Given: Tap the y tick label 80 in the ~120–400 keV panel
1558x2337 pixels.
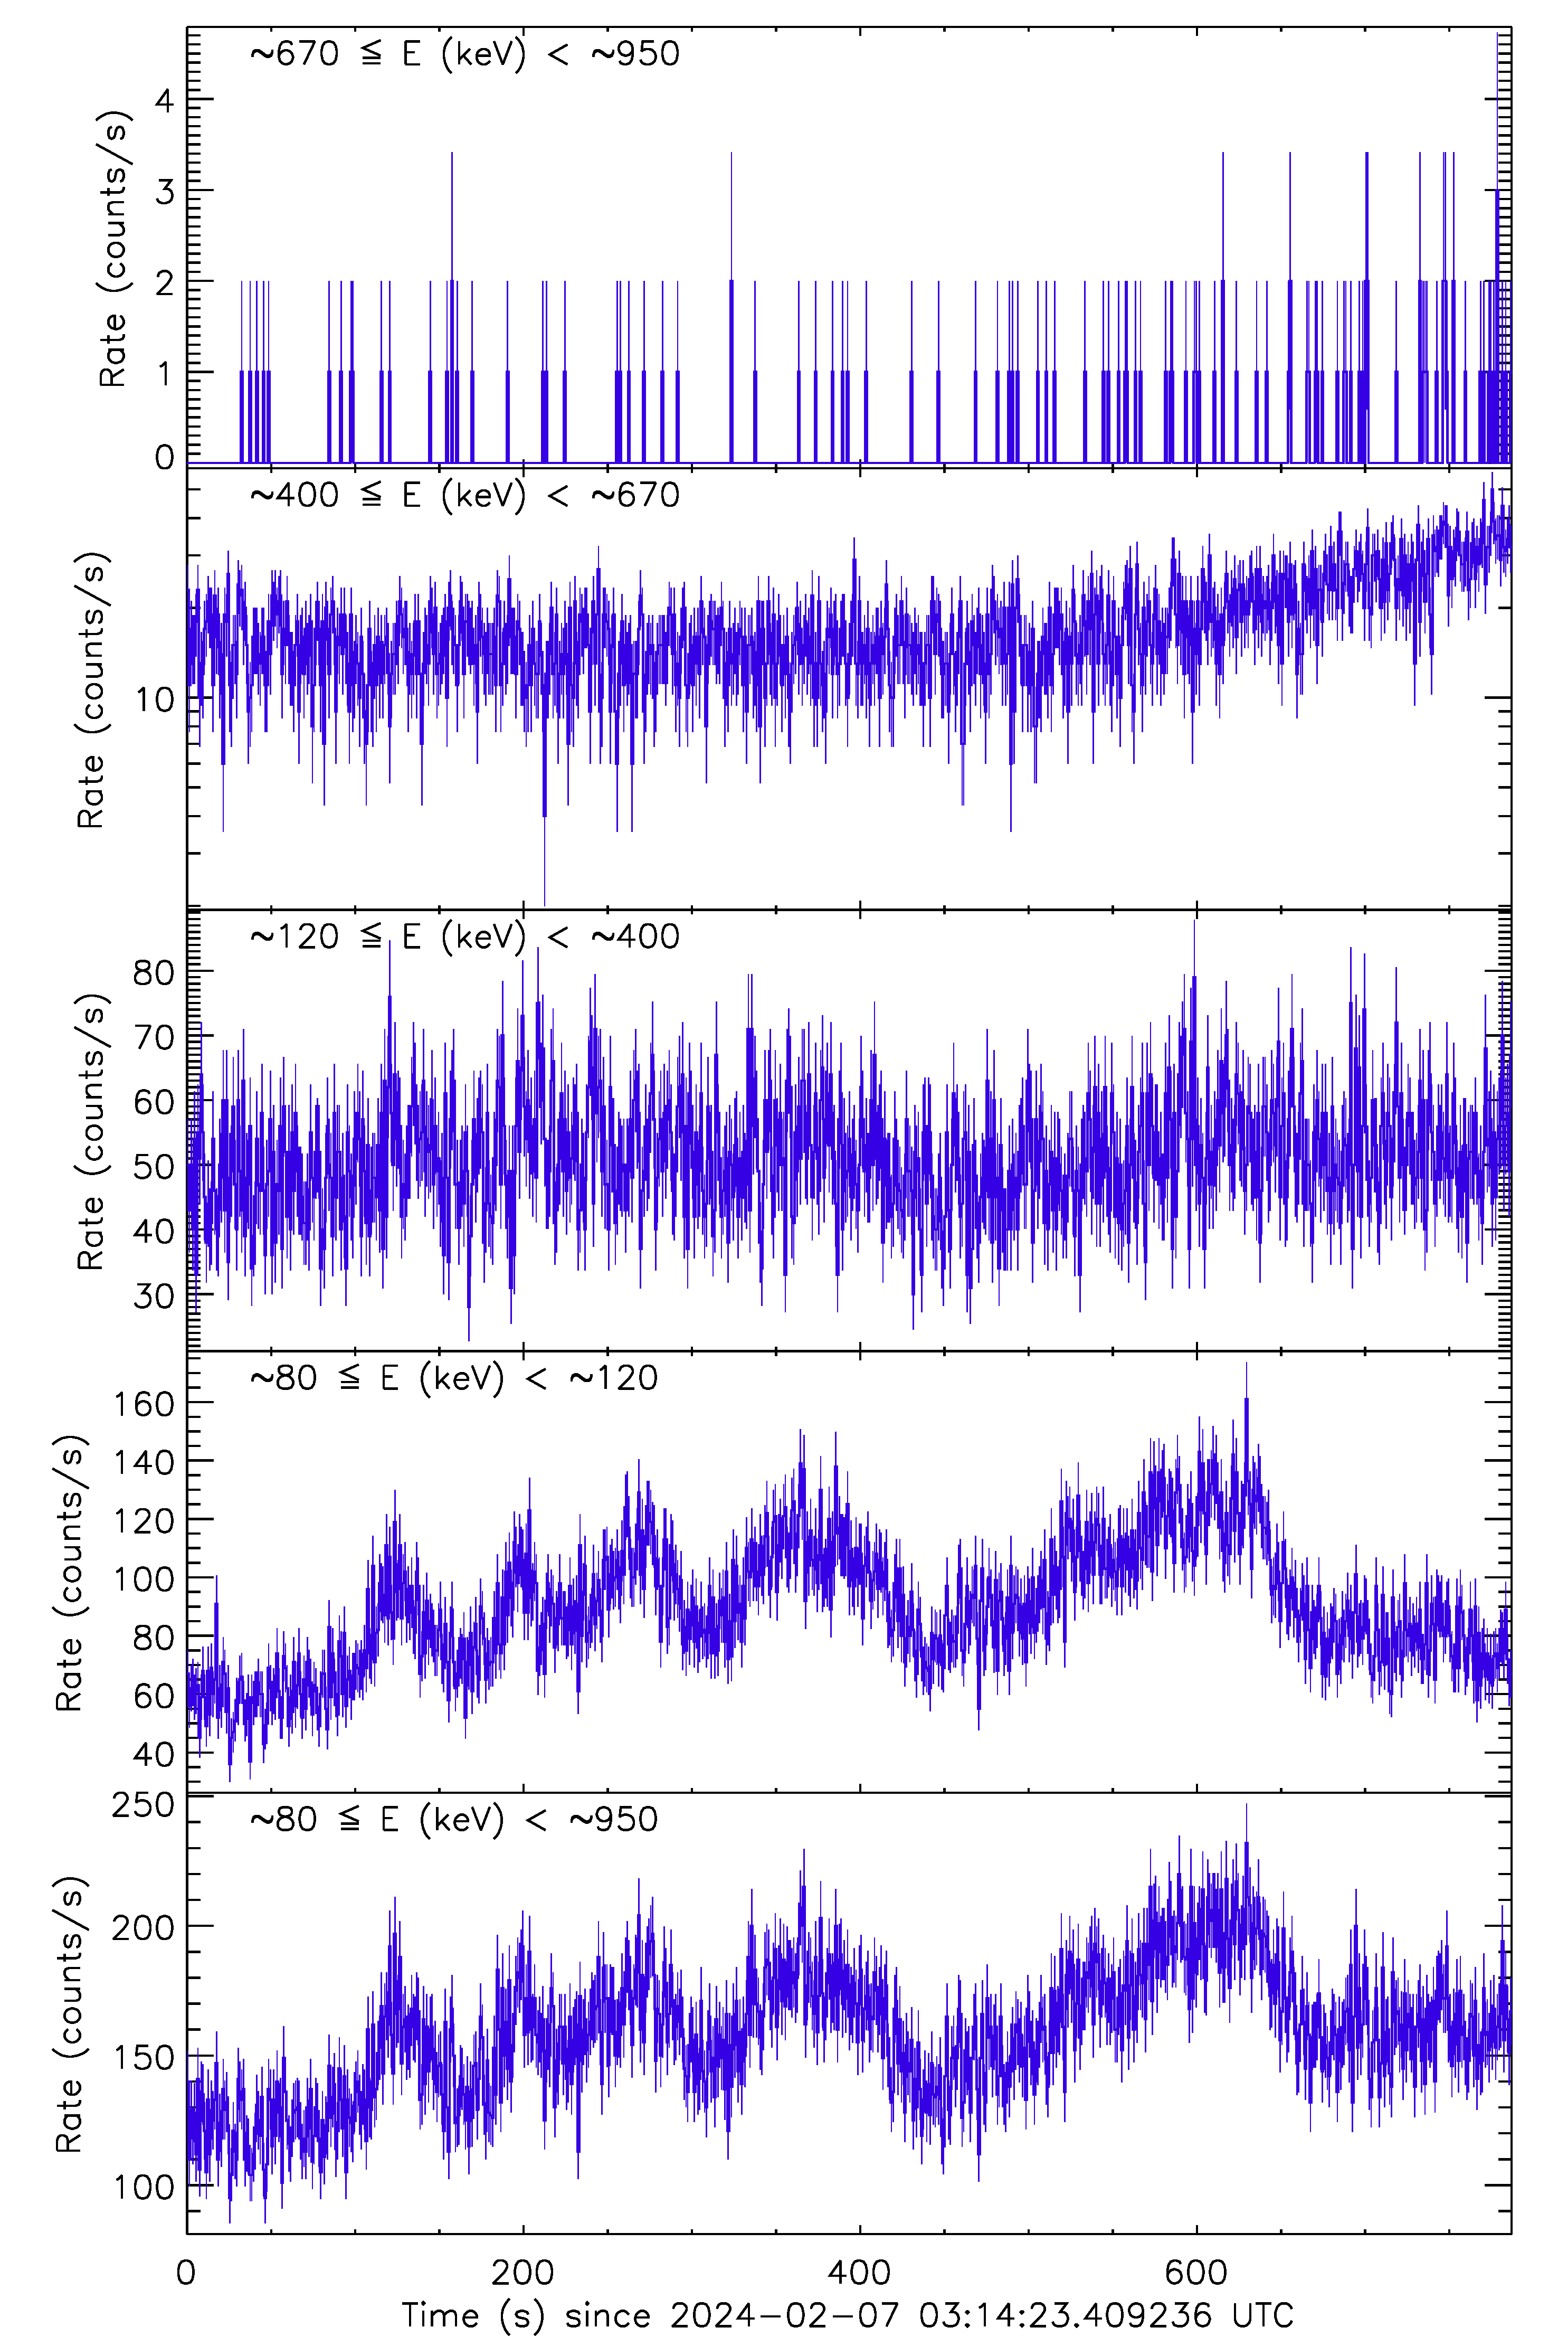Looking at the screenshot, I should (154, 973).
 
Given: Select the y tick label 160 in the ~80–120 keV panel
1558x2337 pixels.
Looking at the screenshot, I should (144, 1404).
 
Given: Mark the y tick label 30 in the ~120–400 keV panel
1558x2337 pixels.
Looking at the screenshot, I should (154, 1295).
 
